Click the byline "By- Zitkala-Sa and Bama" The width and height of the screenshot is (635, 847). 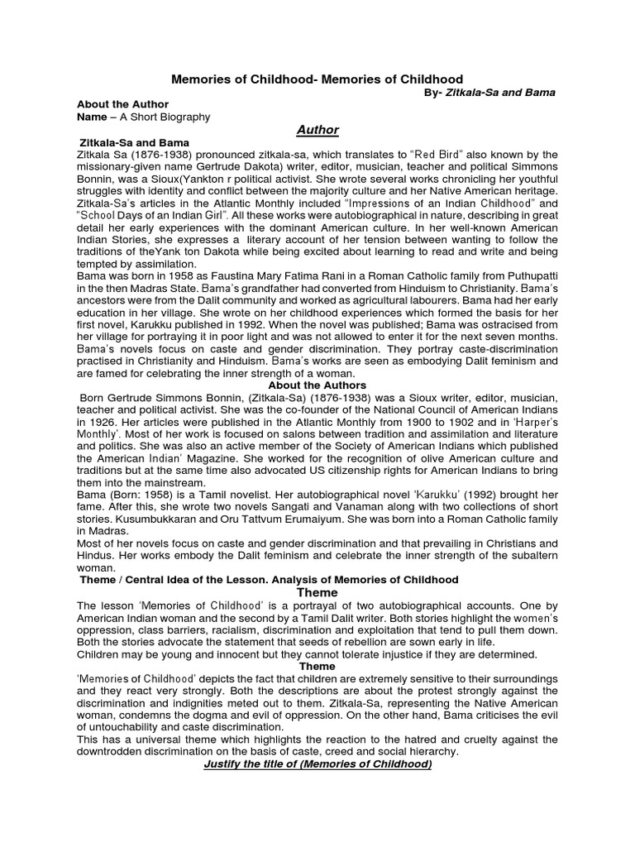(489, 93)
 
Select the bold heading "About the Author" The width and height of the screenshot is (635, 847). (122, 104)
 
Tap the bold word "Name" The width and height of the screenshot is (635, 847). (93, 117)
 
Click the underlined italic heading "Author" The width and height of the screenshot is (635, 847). (317, 130)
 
